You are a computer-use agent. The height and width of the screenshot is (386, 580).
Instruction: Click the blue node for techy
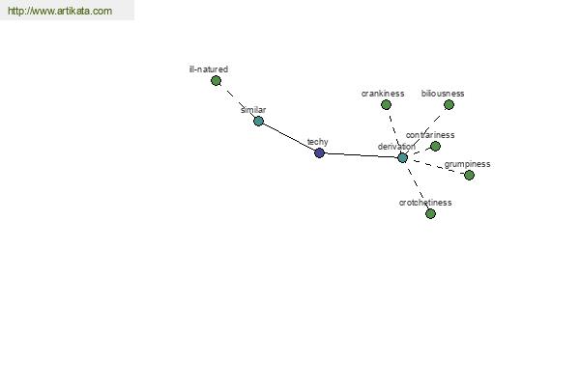pos(319,152)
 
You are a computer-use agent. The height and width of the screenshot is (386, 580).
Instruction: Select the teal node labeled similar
pos(258,121)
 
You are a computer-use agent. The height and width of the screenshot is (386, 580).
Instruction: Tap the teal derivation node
pos(402,157)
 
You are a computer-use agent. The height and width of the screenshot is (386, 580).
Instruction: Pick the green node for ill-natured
pos(216,80)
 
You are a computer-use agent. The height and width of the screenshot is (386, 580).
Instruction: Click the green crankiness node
pos(386,105)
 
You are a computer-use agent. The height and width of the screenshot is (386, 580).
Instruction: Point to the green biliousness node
pos(449,105)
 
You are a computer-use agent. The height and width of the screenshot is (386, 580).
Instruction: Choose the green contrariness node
pos(435,147)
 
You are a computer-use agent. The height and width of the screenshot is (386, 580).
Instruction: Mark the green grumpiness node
pos(469,175)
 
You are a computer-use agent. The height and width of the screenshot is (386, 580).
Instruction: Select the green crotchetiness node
pos(430,213)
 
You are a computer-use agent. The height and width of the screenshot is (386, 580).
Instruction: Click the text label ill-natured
pos(209,69)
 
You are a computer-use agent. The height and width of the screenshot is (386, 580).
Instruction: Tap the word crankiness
pos(383,94)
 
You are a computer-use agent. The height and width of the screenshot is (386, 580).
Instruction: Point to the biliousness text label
pos(443,94)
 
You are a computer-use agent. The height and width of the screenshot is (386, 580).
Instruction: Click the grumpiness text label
pos(467,164)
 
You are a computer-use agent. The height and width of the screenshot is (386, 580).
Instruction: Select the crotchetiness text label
pos(425,203)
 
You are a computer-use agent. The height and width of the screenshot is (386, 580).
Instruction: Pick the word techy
pos(318,142)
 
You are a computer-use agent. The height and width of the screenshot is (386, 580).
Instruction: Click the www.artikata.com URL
pos(60,11)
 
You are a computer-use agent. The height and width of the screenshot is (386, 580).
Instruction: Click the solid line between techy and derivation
pos(361,155)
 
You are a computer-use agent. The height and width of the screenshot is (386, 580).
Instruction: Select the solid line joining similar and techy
pos(289,137)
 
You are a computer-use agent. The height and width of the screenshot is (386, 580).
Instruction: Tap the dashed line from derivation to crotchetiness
pos(417,186)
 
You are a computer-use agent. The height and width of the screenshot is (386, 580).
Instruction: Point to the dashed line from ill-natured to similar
pos(238,100)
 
